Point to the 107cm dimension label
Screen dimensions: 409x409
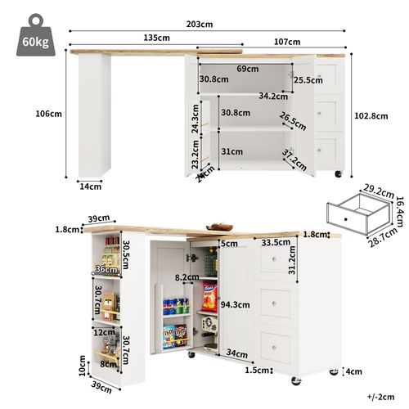pos(286,41)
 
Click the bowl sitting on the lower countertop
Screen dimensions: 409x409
pos(220,227)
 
